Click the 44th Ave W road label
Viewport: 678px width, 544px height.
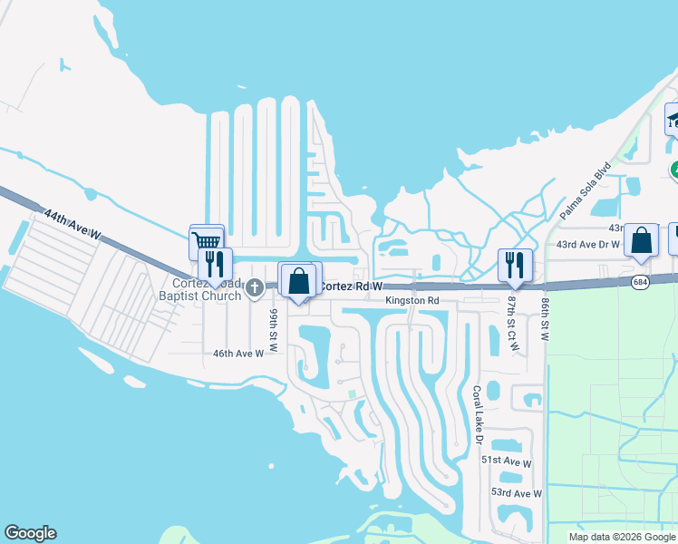pyautogui.click(x=73, y=227)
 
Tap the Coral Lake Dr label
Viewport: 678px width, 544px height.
pyautogui.click(x=477, y=414)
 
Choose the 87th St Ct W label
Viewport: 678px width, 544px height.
pyautogui.click(x=513, y=316)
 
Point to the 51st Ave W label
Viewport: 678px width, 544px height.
pyautogui.click(x=506, y=461)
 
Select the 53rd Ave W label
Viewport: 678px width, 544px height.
pyautogui.click(x=515, y=493)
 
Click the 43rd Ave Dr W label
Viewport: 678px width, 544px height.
pyautogui.click(x=587, y=245)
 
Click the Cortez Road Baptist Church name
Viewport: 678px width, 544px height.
pyautogui.click(x=200, y=288)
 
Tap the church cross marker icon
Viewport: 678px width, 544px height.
pyautogui.click(x=255, y=289)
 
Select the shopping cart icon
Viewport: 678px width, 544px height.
pyautogui.click(x=207, y=241)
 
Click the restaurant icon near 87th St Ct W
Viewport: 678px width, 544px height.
pyautogui.click(x=515, y=264)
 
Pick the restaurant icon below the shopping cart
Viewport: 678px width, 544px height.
pyautogui.click(x=215, y=264)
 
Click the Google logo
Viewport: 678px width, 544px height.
pyautogui.click(x=30, y=534)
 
